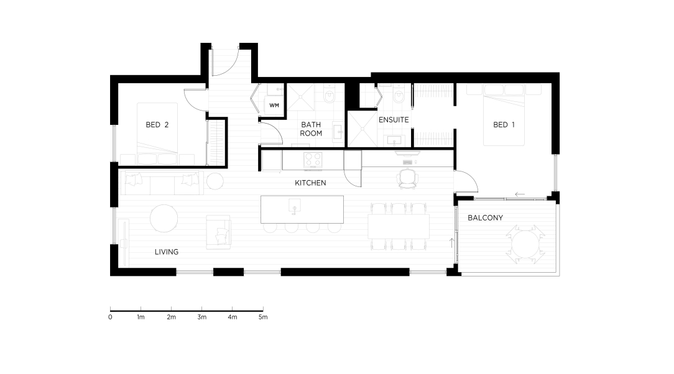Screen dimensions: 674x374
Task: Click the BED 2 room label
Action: pos(157,125)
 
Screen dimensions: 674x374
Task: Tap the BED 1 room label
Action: pos(504,125)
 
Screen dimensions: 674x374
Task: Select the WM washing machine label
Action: pos(274,105)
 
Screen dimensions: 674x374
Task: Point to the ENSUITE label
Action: pos(394,120)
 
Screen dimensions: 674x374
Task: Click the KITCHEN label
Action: pos(310,183)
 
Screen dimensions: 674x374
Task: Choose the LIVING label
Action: pos(167,252)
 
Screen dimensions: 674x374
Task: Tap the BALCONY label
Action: pos(486,217)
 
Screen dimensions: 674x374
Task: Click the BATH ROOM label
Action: pos(311,129)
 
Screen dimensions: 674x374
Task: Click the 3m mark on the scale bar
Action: pos(201,309)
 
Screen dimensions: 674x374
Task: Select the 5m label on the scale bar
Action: pos(263,317)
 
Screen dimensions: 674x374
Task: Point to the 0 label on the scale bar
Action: pos(111,317)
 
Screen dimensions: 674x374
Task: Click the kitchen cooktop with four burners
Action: pos(313,160)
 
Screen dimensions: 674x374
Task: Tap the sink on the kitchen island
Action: pos(295,205)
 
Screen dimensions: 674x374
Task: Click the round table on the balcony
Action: pos(525,245)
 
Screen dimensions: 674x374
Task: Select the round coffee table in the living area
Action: pos(164,218)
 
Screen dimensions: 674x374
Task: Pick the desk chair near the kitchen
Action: pos(408,178)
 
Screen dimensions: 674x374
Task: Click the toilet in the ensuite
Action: pos(399,95)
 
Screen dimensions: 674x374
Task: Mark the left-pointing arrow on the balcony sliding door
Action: pos(520,194)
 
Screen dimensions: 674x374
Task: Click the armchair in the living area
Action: pos(218,232)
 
